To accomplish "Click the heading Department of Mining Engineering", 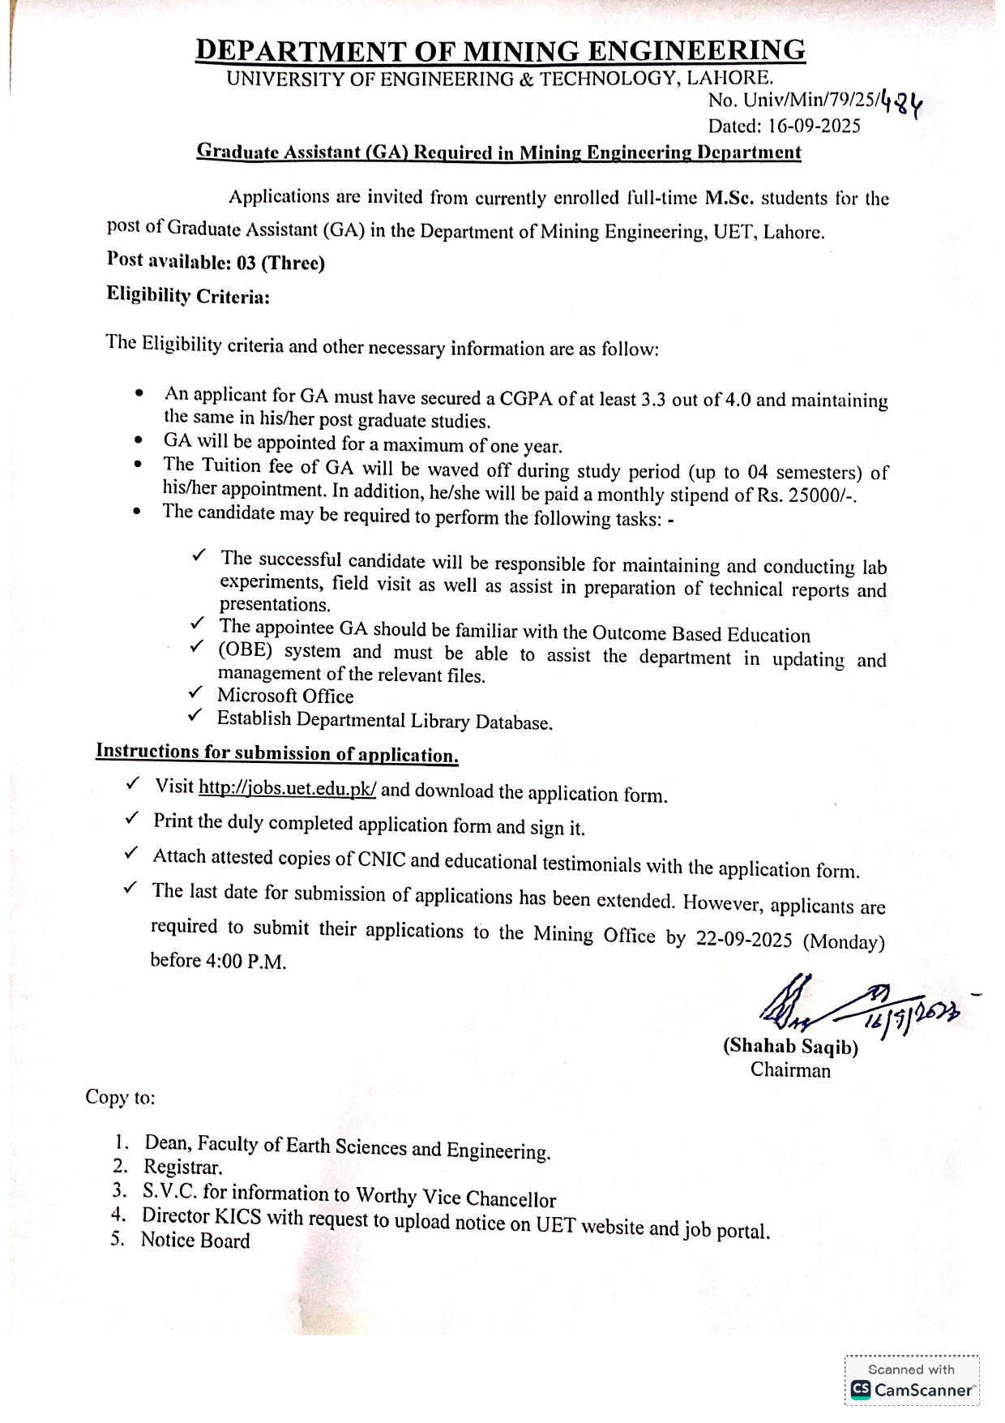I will tap(500, 50).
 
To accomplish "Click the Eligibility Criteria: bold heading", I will tap(188, 296).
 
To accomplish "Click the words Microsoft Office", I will tap(285, 696).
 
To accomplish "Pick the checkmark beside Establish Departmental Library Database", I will tap(195, 715).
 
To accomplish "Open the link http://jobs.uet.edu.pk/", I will tap(287, 788).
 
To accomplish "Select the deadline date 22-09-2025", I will tap(743, 939).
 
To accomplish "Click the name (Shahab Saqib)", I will tap(790, 1047).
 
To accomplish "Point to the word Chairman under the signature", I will tap(790, 1070).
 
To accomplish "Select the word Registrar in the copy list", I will tap(182, 1168).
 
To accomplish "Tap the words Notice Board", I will tap(195, 1240).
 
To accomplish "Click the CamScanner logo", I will tap(913, 1390).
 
